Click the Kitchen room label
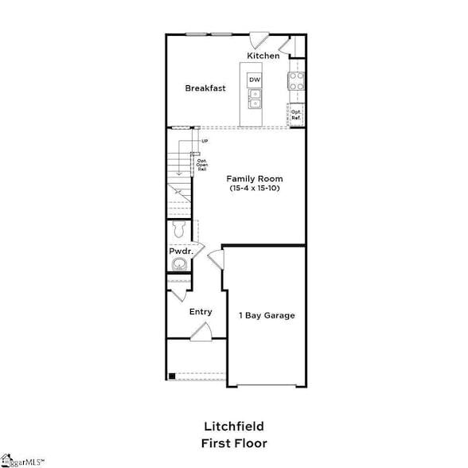[263, 56]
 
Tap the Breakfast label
[205, 88]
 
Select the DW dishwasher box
[255, 80]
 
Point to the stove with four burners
[296, 80]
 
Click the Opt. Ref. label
[296, 115]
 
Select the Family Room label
[254, 178]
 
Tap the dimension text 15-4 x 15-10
[254, 189]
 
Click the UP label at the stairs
[205, 142]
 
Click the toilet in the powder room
[179, 230]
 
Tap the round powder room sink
[181, 264]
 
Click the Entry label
[201, 311]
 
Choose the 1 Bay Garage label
[267, 315]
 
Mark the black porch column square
[171, 376]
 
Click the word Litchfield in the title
[233, 427]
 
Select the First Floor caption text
[233, 443]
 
